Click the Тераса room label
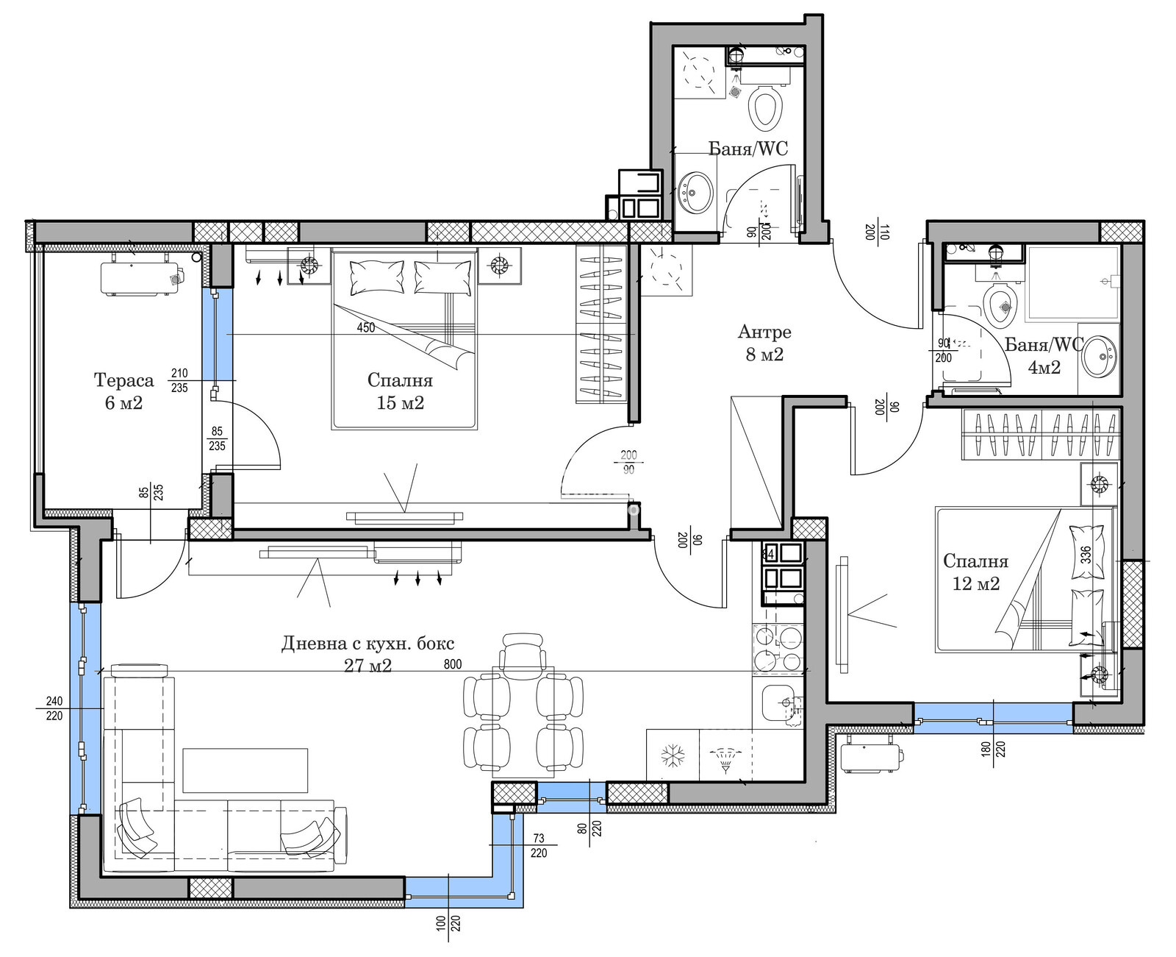click(x=123, y=380)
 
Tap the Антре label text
click(x=764, y=332)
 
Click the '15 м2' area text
click(x=401, y=403)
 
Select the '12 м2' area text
click(x=975, y=583)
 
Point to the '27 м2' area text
click(x=367, y=666)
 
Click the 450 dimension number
click(x=365, y=327)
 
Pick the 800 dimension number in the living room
click(x=453, y=664)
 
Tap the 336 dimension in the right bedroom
click(x=1086, y=554)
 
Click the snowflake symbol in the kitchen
click(x=673, y=756)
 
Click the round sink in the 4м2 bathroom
click(x=1099, y=356)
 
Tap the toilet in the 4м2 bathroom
click(x=1000, y=304)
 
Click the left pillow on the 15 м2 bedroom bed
click(x=376, y=278)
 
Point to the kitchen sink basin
click(x=778, y=704)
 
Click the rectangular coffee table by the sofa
click(x=245, y=771)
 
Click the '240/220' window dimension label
click(x=54, y=708)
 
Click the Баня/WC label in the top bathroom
click(x=748, y=149)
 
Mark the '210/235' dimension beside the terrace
click(x=179, y=381)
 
